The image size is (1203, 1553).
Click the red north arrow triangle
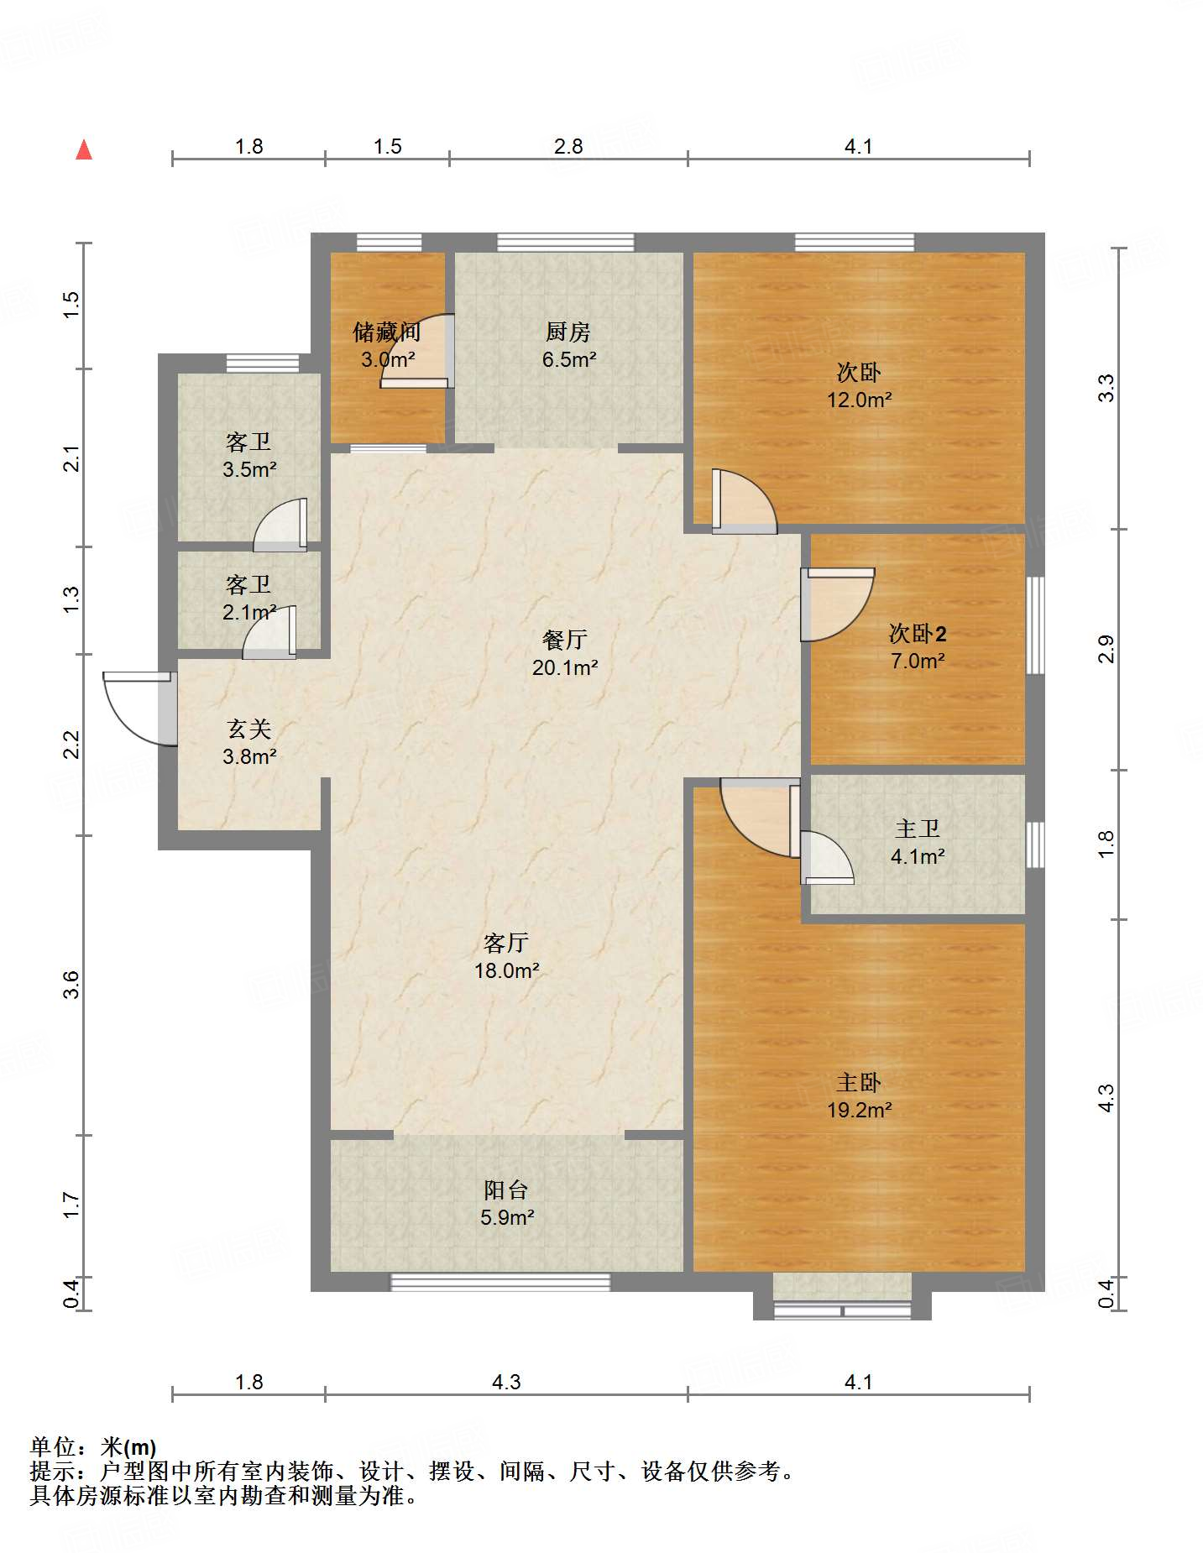pyautogui.click(x=84, y=149)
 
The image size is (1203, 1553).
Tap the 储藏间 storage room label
pyautogui.click(x=387, y=332)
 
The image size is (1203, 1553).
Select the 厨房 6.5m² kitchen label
pyautogui.click(x=568, y=346)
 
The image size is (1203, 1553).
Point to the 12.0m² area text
pyautogui.click(x=859, y=400)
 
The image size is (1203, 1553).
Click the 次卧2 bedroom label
pyautogui.click(x=918, y=634)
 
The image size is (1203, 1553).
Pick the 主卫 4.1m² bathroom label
pyautogui.click(x=918, y=843)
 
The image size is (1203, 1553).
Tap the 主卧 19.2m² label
pyautogui.click(x=859, y=1096)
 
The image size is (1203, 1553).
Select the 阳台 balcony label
pyautogui.click(x=506, y=1190)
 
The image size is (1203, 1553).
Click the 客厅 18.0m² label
pyautogui.click(x=506, y=957)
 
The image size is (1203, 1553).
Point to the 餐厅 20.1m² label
pyautogui.click(x=565, y=654)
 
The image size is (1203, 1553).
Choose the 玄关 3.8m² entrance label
pyautogui.click(x=249, y=743)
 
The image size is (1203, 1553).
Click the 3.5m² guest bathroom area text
pyautogui.click(x=249, y=470)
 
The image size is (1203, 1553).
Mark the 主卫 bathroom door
pyautogui.click(x=827, y=857)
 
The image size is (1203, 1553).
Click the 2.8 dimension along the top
pyautogui.click(x=568, y=147)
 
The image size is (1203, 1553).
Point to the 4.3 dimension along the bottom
pyautogui.click(x=506, y=1382)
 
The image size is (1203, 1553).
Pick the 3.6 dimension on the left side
pyautogui.click(x=71, y=984)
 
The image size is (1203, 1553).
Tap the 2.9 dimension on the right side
pyautogui.click(x=1106, y=650)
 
